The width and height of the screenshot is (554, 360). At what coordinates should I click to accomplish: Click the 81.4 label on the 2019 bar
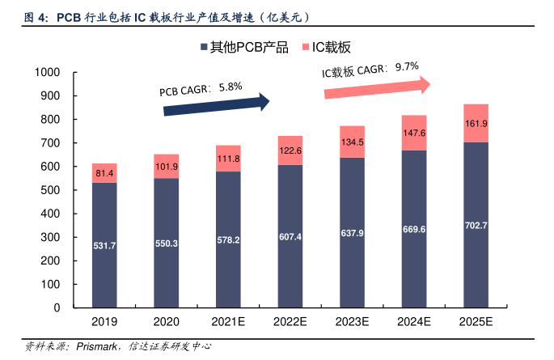(104, 173)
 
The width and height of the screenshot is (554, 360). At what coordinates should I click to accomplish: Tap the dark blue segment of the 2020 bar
(166, 243)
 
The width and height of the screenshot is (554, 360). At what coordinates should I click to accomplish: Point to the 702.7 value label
(476, 225)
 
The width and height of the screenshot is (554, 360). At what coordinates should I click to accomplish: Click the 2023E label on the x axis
(352, 321)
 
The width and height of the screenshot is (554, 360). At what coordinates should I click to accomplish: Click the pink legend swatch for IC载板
(307, 48)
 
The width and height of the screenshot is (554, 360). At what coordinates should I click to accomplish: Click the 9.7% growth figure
(407, 67)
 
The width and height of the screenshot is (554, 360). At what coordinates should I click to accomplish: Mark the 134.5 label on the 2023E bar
(352, 142)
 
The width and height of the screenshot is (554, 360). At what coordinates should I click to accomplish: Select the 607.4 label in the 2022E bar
(290, 237)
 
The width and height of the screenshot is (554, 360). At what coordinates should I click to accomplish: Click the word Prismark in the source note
(95, 346)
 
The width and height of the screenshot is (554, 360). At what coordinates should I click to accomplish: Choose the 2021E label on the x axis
(228, 321)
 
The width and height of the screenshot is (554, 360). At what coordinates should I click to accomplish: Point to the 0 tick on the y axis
(59, 307)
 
